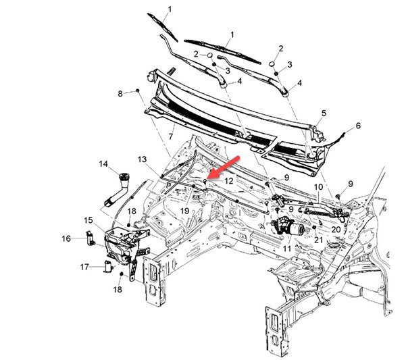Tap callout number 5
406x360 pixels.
click(324, 113)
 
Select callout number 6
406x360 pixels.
click(358, 126)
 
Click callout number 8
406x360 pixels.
click(121, 93)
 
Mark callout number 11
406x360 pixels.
click(287, 249)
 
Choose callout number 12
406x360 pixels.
click(229, 181)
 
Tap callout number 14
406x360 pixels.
click(103, 163)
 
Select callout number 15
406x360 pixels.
click(88, 220)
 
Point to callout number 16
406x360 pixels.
click(66, 238)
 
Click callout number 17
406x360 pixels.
click(84, 267)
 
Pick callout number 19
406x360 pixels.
click(184, 211)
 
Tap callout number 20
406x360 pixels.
click(336, 229)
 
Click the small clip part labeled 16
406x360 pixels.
click(89, 236)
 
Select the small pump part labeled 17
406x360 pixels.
click(107, 265)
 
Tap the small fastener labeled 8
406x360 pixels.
click(138, 89)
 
